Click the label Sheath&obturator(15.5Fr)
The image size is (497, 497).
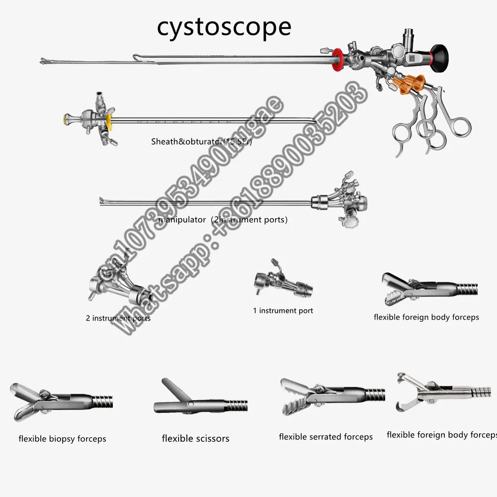click(x=202, y=142)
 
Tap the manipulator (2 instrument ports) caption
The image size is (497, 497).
click(x=223, y=219)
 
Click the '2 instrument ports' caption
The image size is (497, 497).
click(x=118, y=318)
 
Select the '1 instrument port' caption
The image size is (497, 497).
click(x=283, y=311)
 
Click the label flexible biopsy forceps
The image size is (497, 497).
click(x=62, y=439)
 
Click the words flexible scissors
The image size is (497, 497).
click(x=195, y=438)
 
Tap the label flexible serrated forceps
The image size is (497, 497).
click(x=326, y=437)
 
